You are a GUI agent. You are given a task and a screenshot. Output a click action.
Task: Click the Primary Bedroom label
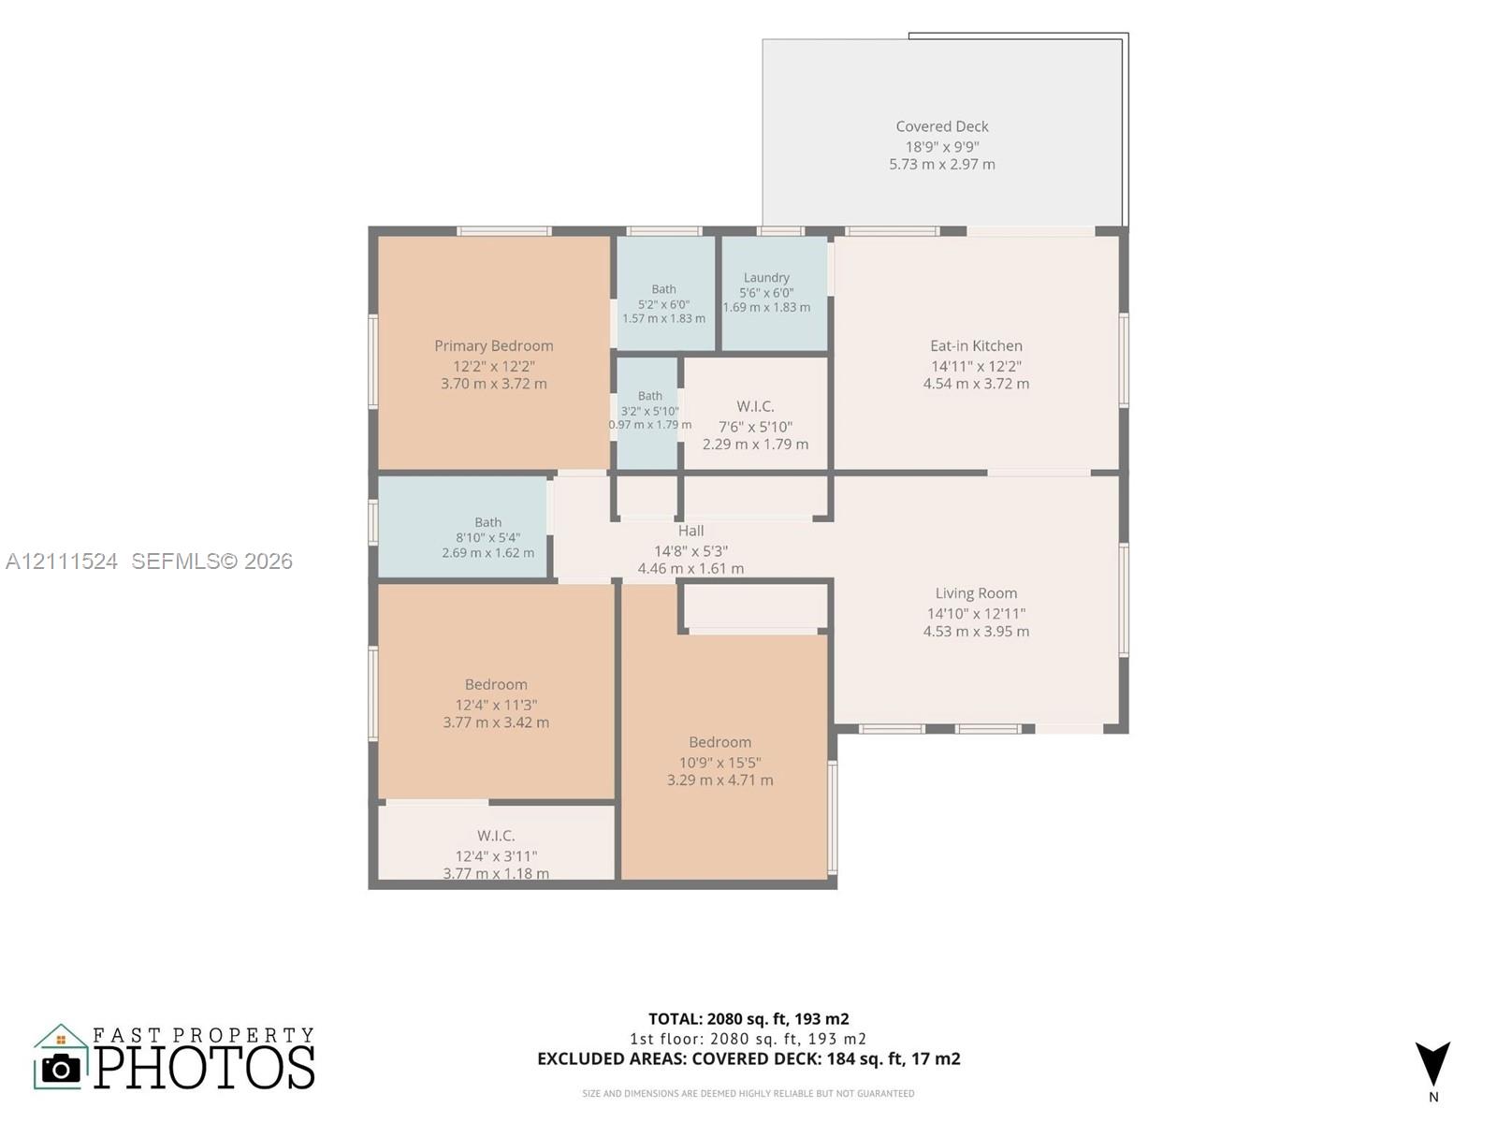(494, 345)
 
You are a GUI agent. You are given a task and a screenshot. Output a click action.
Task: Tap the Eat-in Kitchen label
(976, 345)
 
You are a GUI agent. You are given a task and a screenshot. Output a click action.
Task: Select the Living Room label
(976, 593)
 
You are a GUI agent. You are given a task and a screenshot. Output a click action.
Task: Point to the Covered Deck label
(942, 126)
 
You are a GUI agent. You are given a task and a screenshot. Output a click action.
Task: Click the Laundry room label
(766, 278)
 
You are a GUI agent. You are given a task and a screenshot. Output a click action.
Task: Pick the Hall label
(690, 531)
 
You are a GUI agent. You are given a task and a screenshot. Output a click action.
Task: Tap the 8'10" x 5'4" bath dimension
(488, 537)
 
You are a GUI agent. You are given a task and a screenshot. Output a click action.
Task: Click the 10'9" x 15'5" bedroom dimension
(720, 762)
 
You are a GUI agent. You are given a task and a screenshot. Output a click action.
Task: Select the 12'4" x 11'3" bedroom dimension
(496, 705)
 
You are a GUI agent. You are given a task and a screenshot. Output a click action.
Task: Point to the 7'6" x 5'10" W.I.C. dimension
(756, 427)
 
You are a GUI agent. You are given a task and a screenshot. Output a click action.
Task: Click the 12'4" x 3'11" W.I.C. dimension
(496, 855)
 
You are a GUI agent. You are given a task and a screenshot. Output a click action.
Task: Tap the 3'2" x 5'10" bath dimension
(650, 411)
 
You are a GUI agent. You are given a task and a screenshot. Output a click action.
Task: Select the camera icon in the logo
(61, 1068)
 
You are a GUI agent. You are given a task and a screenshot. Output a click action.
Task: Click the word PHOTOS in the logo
(204, 1068)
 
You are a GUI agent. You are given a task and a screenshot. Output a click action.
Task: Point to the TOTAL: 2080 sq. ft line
(748, 1019)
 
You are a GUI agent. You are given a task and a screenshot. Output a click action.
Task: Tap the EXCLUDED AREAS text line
(748, 1058)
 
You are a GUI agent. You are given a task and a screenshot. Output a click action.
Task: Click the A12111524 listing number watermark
(62, 561)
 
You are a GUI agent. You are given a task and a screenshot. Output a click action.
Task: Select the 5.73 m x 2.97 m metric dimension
(942, 165)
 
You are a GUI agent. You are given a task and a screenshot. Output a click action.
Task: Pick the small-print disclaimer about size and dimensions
(748, 1094)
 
